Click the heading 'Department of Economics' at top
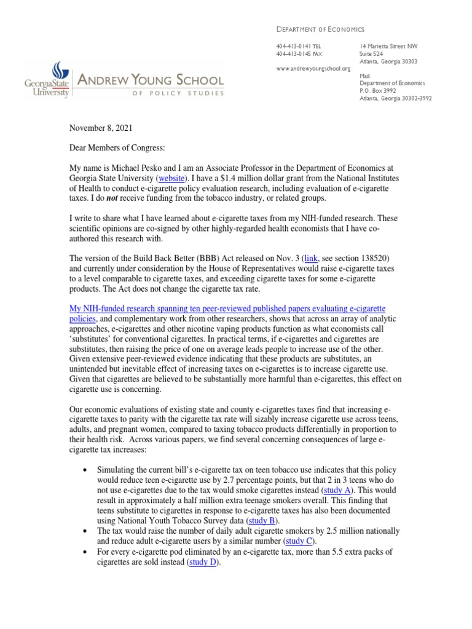tap(320, 29)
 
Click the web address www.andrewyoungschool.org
tap(313, 68)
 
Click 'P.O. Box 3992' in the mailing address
tap(378, 90)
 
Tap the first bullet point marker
tap(84, 470)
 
